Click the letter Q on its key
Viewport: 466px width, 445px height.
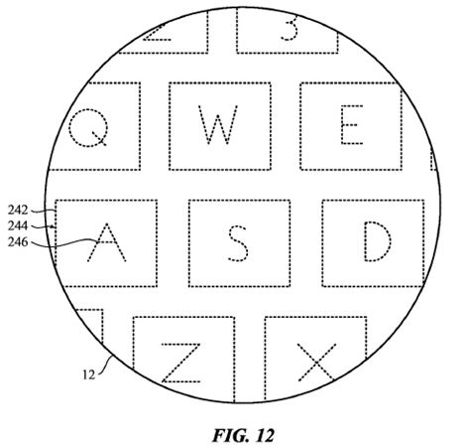88,128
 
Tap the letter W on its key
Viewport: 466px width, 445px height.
218,125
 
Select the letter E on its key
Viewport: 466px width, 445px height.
352,125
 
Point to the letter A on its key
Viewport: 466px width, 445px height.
106,242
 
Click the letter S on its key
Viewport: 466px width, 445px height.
238,243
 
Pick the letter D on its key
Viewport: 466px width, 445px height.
378,241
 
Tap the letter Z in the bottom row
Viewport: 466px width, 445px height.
180,363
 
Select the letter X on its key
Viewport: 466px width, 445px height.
317,363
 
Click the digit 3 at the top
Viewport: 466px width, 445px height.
290,28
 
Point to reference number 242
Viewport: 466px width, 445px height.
18,210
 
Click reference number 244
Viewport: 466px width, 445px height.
18,225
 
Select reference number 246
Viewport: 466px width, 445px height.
18,242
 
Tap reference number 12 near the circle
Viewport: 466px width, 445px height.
88,375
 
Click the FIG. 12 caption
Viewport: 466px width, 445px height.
243,435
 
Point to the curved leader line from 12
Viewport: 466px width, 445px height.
106,365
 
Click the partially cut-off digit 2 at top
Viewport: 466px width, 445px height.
158,33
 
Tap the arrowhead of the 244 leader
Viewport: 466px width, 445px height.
53,226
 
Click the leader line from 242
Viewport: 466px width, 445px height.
43,211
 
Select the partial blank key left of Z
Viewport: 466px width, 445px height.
89,326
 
